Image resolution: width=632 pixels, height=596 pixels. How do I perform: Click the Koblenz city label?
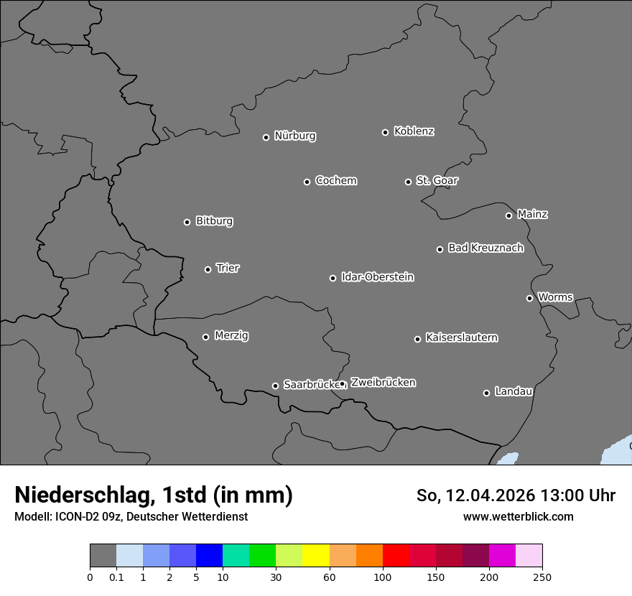(414, 131)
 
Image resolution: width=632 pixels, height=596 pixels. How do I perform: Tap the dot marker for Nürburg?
(266, 137)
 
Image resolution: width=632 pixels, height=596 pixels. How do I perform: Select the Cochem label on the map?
(335, 180)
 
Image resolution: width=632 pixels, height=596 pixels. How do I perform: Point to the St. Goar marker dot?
(408, 182)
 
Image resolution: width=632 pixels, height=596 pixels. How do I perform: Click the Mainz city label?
(532, 214)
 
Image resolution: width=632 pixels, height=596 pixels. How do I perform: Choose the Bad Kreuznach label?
(485, 248)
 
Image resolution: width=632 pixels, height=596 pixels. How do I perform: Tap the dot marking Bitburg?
(187, 222)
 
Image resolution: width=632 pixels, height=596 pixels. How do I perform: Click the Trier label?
(228, 268)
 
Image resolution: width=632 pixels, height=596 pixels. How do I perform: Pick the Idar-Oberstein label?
(377, 276)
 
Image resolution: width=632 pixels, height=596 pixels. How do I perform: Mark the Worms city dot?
(529, 298)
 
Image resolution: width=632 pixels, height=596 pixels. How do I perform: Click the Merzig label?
(231, 335)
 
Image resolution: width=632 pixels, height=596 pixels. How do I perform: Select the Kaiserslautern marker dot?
(417, 339)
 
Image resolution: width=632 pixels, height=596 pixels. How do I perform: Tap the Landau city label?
(513, 391)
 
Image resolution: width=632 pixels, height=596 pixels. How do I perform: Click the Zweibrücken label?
(383, 382)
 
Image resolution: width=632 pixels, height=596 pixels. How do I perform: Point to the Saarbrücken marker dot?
(275, 386)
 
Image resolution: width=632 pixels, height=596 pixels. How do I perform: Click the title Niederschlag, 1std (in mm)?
(154, 495)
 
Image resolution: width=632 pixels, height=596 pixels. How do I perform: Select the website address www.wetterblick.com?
(518, 516)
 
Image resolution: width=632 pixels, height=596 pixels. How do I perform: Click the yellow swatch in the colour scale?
(316, 556)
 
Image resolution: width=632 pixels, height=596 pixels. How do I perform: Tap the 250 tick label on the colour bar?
(542, 577)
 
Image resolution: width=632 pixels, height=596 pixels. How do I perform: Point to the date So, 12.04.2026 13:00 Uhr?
(516, 495)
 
